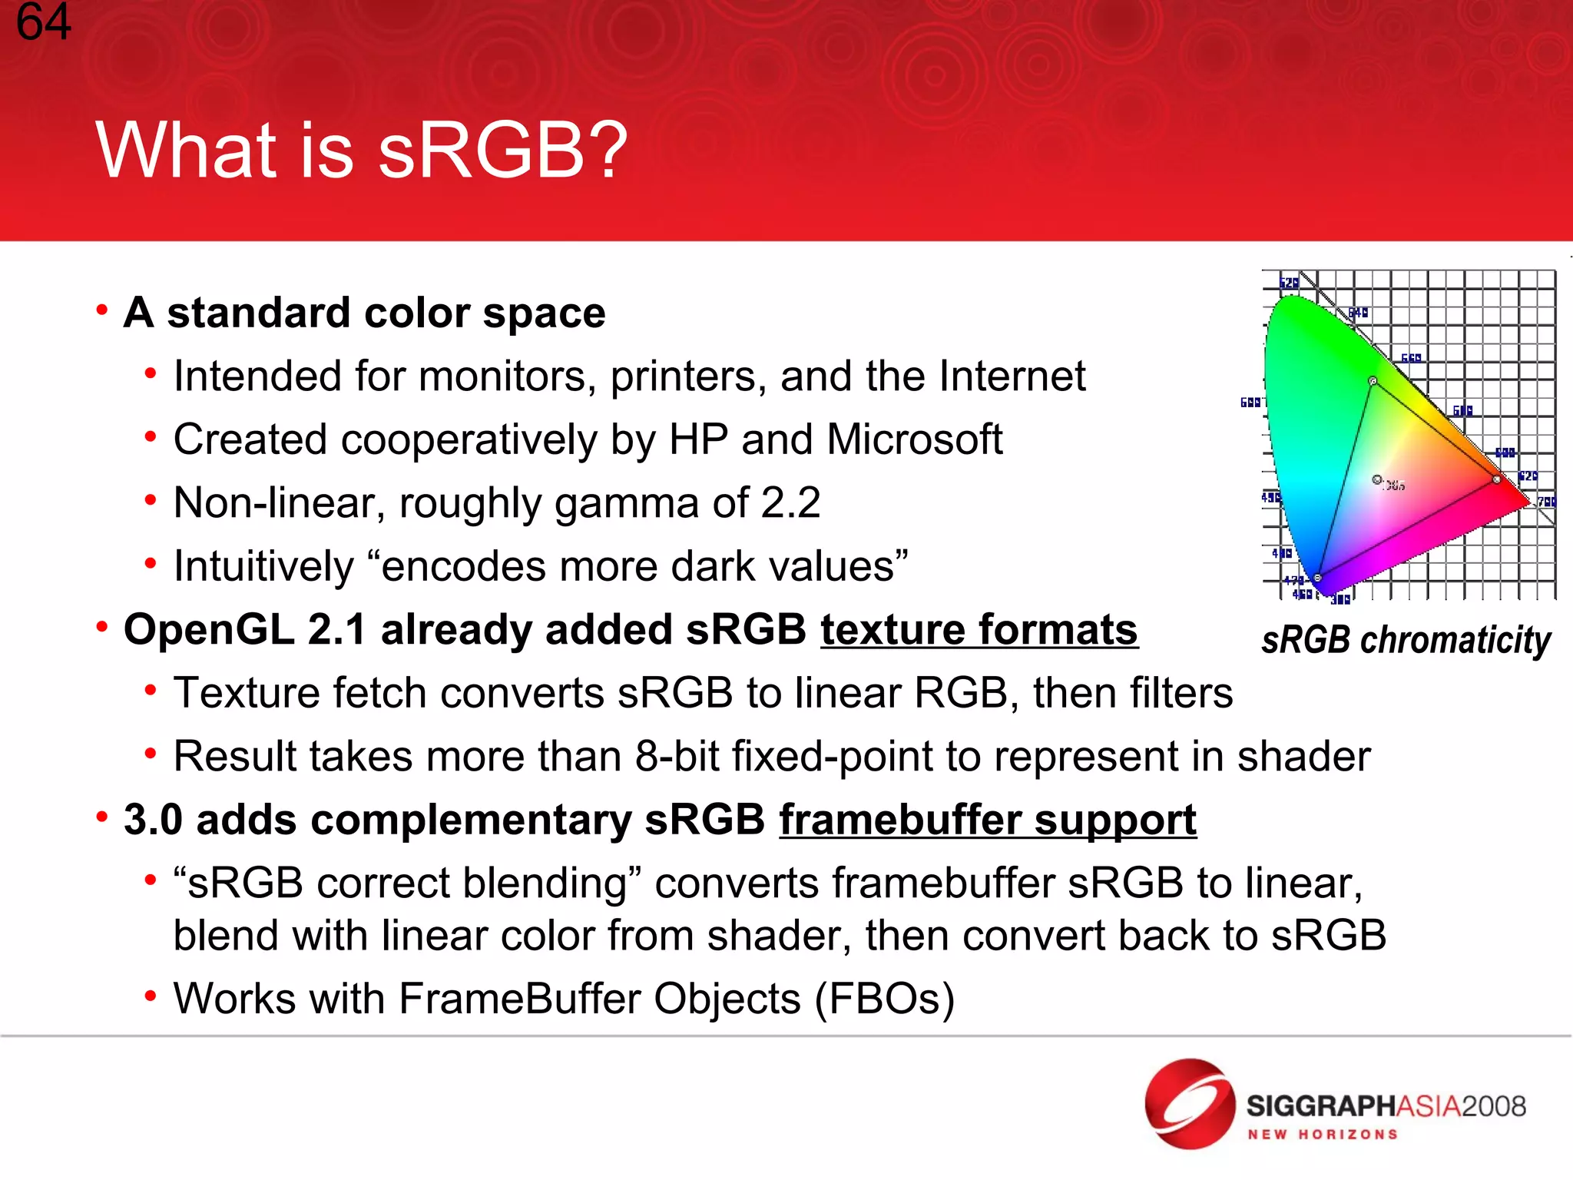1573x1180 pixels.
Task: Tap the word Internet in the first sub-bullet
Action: (x=1014, y=376)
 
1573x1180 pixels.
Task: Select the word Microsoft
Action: (x=914, y=439)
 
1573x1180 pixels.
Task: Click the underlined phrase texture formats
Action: (x=979, y=630)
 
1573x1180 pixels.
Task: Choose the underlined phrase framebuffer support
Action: (x=988, y=820)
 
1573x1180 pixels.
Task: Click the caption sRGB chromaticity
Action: (x=1406, y=640)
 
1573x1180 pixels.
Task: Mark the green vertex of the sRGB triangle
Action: (x=1373, y=381)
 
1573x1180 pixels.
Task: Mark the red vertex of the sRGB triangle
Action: (x=1496, y=479)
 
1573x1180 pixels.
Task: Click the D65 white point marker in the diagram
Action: (x=1377, y=479)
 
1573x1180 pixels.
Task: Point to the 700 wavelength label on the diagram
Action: (x=1546, y=502)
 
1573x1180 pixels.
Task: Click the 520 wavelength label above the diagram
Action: (x=1289, y=283)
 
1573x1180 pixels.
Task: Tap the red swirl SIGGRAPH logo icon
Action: (x=1190, y=1104)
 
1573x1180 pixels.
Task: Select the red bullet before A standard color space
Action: (x=101, y=310)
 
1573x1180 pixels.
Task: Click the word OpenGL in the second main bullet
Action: (x=208, y=630)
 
